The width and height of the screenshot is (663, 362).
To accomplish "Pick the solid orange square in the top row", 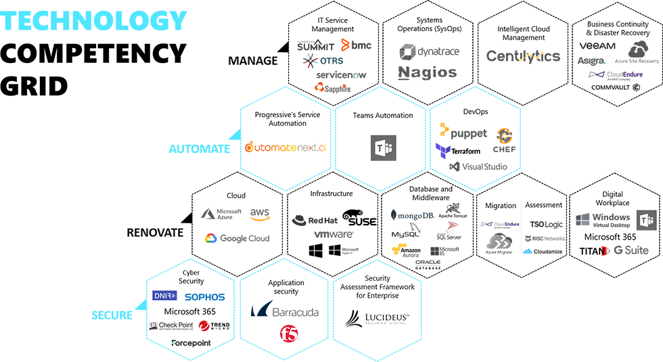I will tap(346, 45).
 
